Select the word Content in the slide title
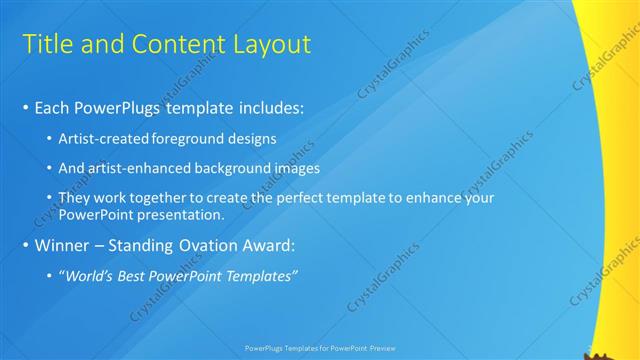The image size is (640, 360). click(x=175, y=44)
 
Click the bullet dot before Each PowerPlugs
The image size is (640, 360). click(x=25, y=107)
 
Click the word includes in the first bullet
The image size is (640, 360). click(x=264, y=106)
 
